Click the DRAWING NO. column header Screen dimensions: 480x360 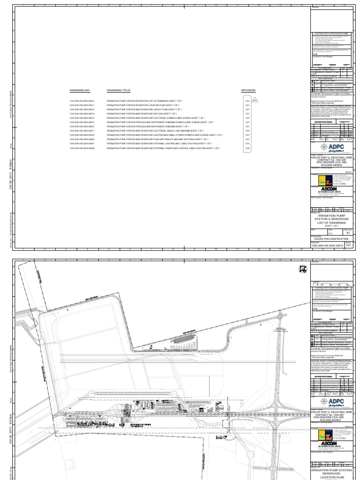pyautogui.click(x=79, y=90)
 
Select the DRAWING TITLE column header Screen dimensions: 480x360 pyautogui.click(x=119, y=90)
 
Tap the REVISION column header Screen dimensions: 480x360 pyautogui.click(x=248, y=90)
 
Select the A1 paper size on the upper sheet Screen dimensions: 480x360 pyautogui.click(x=348, y=232)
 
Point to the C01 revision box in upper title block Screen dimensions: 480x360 pyautogui.click(x=348, y=245)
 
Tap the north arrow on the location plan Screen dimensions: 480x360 pyautogui.click(x=301, y=269)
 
